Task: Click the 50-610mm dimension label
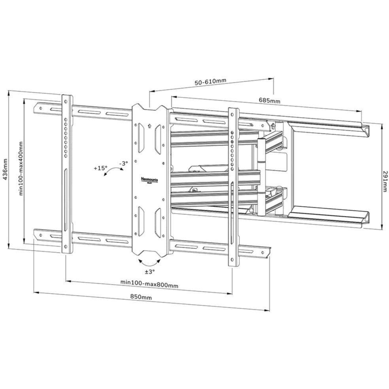tap(210, 82)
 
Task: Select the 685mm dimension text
tap(270, 101)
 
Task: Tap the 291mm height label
tap(385, 181)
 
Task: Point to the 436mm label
tap(5, 169)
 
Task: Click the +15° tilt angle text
tap(100, 168)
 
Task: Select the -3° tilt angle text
tap(124, 163)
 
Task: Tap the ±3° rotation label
tap(149, 272)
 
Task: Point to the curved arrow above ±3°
tap(149, 263)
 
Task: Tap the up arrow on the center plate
tap(149, 127)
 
